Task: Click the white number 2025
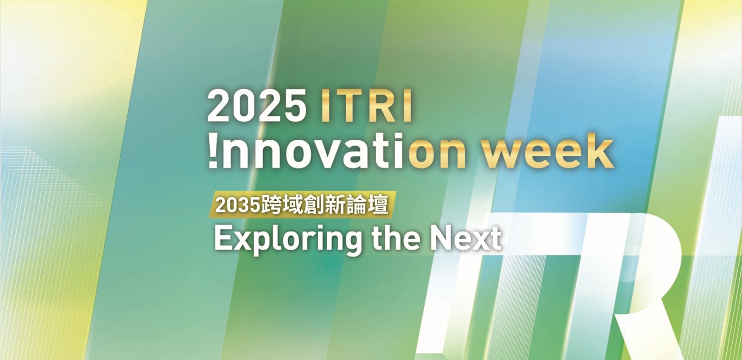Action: pos(257,105)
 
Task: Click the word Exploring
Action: pos(288,239)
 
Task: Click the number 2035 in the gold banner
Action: pos(237,206)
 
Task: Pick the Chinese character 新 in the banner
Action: pos(334,205)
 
